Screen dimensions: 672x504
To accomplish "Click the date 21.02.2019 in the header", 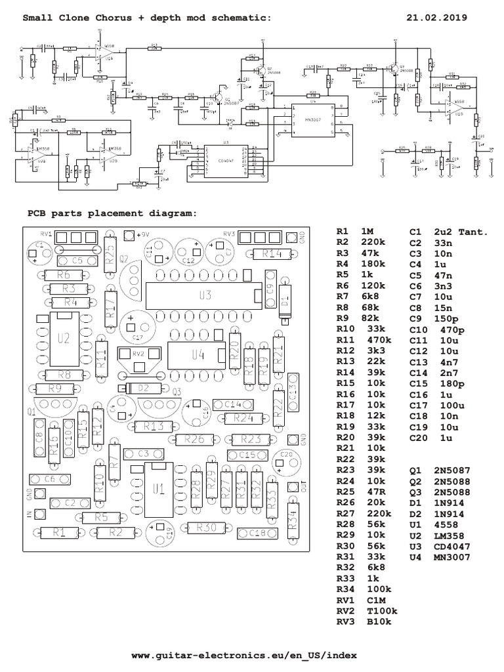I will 437,18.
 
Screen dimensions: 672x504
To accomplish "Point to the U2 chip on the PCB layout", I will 64,339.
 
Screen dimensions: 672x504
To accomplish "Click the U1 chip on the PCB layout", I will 156,490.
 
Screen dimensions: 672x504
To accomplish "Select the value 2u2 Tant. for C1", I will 455,231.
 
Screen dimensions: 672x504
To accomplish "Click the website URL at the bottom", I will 244,656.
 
